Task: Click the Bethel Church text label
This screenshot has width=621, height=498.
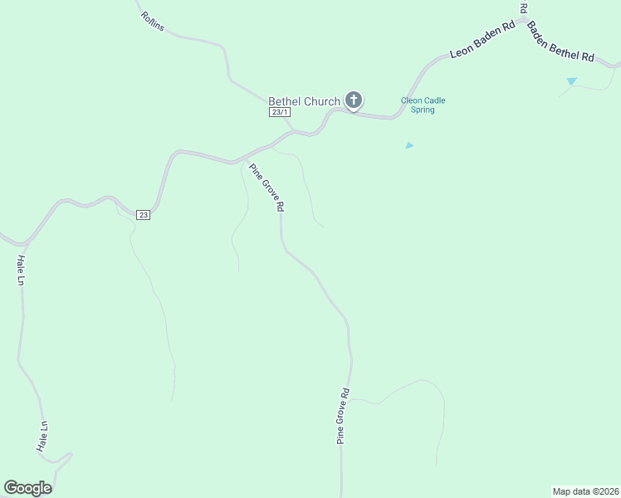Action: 304,101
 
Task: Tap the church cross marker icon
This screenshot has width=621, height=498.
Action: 353,101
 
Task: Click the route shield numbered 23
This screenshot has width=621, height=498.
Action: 144,215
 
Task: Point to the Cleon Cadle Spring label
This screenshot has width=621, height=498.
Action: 423,105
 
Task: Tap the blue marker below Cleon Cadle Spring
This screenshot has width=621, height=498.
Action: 409,145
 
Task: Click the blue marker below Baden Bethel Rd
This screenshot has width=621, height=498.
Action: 571,81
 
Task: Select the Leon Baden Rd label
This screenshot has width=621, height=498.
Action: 482,41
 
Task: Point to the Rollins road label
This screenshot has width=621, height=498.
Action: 153,22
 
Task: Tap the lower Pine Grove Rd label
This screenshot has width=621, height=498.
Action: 343,416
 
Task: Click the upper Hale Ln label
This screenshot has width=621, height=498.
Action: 21,270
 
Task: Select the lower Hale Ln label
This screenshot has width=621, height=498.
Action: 42,437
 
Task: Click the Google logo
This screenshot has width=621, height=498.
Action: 27,488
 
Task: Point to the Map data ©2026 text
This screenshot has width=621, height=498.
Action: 584,491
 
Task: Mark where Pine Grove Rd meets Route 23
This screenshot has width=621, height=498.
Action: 242,159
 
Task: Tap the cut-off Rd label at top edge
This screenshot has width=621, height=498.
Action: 524,7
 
